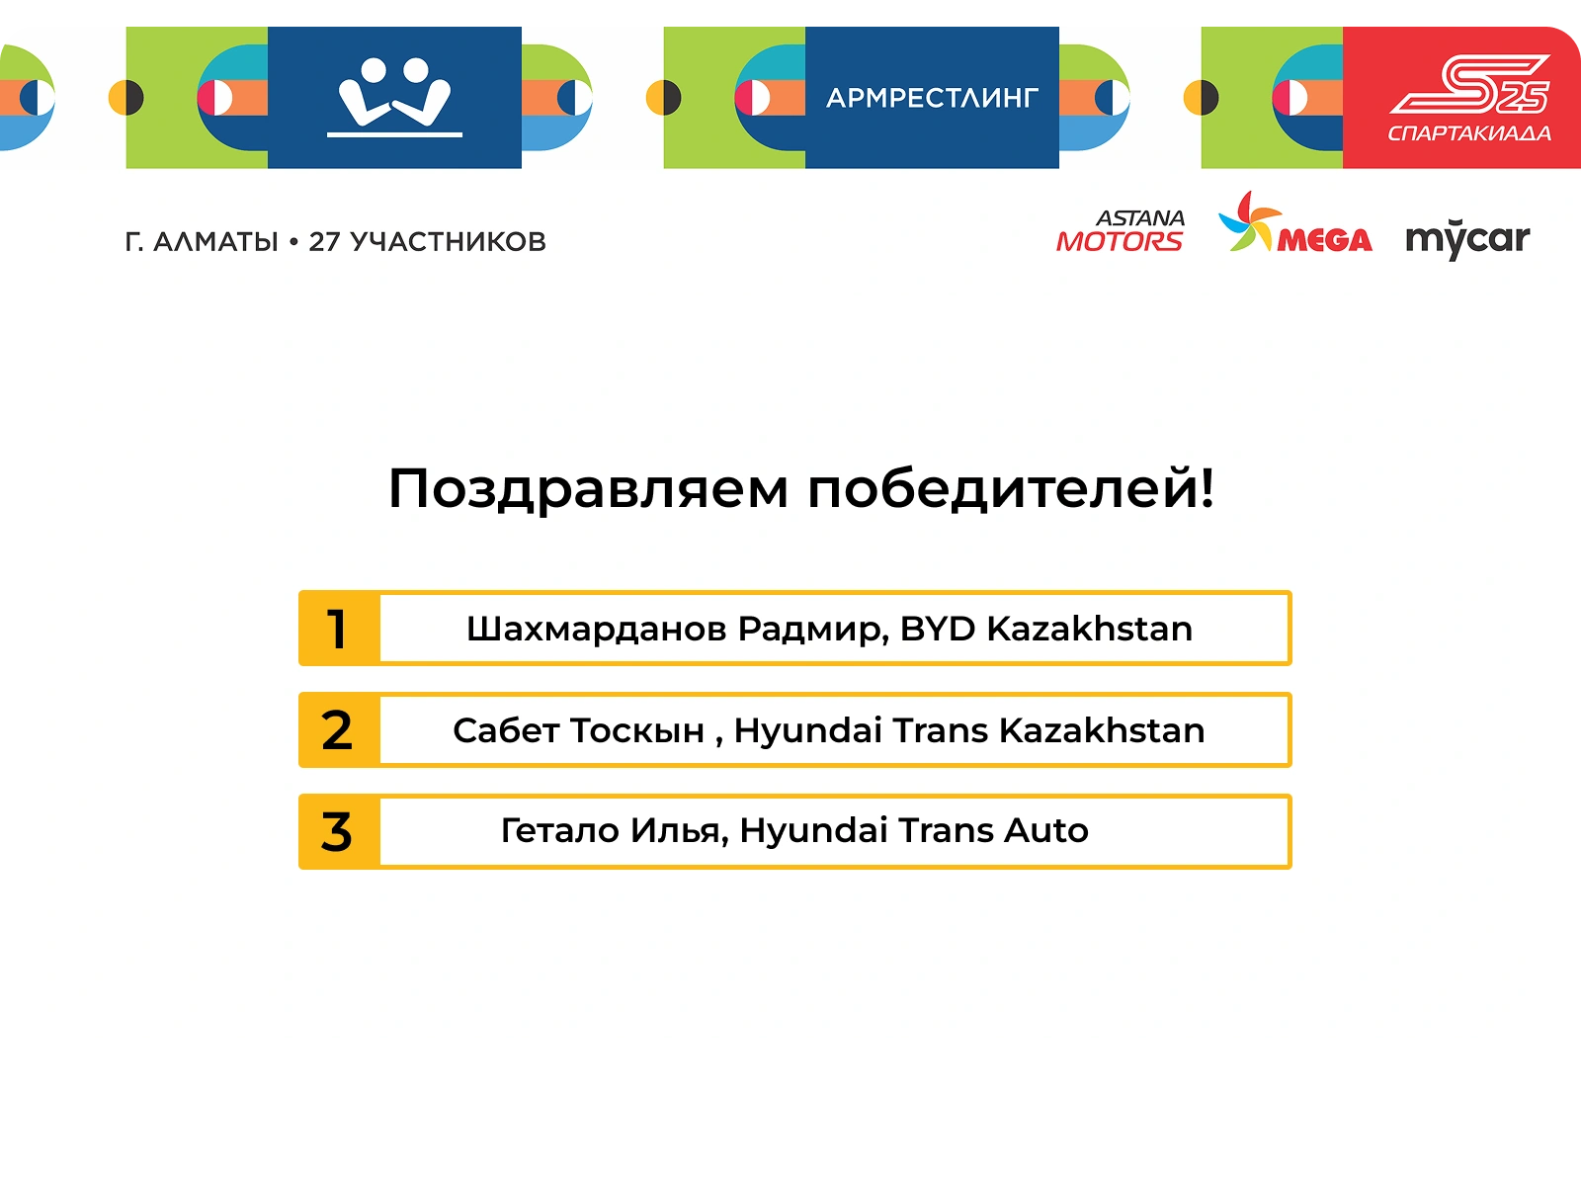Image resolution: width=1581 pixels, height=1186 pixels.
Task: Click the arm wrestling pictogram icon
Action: coord(394,97)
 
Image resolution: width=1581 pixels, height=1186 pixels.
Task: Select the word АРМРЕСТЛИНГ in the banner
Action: coord(932,98)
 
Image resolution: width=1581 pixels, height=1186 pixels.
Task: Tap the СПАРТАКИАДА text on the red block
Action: coord(1469,133)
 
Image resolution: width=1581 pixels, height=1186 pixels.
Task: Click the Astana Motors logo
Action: coord(1121,231)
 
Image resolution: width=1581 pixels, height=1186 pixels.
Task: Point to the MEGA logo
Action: coord(1294,223)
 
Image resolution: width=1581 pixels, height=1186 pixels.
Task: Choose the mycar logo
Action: coord(1467,238)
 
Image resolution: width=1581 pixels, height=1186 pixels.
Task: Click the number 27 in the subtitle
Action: coord(324,242)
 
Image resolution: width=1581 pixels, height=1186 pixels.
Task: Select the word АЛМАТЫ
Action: coord(215,242)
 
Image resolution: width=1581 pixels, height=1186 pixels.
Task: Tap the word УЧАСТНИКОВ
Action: coord(448,242)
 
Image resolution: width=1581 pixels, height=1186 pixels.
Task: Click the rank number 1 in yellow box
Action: coord(337,629)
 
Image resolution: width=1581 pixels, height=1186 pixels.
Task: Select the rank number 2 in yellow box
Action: coord(337,730)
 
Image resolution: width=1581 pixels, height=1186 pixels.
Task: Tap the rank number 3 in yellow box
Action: coord(336,832)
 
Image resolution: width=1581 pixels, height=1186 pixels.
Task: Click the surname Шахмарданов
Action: coord(597,630)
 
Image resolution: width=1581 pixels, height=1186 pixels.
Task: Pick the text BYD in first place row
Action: coord(937,629)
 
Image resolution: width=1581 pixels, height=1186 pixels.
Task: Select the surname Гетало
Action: coord(559,830)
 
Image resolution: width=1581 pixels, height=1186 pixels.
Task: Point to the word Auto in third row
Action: coord(1045,830)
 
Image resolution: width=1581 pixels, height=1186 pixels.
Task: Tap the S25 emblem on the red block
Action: coord(1470,85)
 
